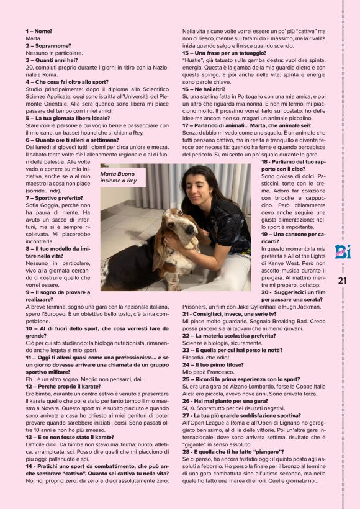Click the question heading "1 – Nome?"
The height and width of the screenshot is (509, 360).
(38, 30)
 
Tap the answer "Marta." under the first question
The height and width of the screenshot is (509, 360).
(34, 38)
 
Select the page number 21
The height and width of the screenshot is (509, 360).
(342, 281)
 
